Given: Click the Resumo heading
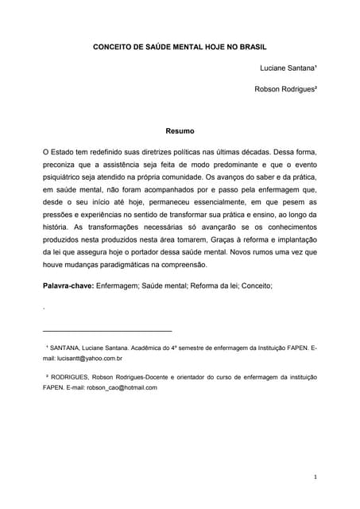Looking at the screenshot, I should click(x=180, y=130).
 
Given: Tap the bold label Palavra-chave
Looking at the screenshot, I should click(x=68, y=284).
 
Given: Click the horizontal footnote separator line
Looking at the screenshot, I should click(x=106, y=330).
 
